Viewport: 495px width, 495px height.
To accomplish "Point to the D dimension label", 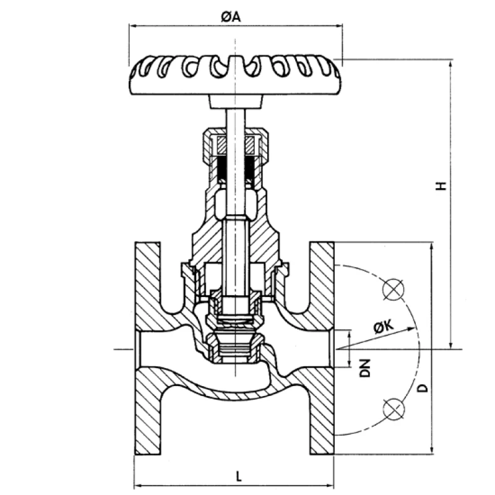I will click(422, 388).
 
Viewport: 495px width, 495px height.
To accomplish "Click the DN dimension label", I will click(366, 368).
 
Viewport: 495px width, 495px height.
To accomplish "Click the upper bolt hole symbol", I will click(394, 289).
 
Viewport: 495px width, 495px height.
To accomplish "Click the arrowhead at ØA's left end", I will click(132, 25).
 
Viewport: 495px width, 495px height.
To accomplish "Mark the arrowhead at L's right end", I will click(331, 484).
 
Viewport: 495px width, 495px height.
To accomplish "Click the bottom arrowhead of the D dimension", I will click(431, 450).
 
